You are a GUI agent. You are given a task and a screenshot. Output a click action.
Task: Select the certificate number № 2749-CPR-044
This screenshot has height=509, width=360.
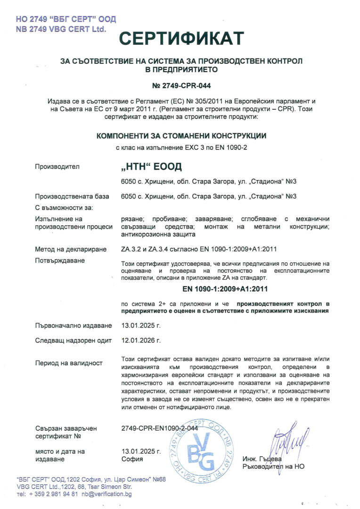click(x=181, y=86)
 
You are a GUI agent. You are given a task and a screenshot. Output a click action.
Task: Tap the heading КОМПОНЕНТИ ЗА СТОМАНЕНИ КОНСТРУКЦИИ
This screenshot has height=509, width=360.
click(x=181, y=136)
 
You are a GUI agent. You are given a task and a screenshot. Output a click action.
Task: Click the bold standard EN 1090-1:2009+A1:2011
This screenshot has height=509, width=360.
click(x=225, y=288)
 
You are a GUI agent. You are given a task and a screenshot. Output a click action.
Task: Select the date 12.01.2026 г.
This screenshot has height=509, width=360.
click(x=141, y=340)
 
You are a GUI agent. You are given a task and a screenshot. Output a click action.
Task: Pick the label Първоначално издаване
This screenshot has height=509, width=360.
click(x=74, y=326)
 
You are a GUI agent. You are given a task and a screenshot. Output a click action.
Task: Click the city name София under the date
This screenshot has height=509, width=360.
click(x=132, y=459)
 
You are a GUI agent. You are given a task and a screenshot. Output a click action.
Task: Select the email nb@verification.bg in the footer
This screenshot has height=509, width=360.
click(x=106, y=494)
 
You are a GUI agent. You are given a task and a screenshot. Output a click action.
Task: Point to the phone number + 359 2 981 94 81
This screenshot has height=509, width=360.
click(x=54, y=494)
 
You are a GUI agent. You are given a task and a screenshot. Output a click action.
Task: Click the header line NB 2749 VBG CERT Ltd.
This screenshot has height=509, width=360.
click(x=61, y=29)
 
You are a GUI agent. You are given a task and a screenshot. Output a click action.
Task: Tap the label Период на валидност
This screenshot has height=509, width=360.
click(x=69, y=363)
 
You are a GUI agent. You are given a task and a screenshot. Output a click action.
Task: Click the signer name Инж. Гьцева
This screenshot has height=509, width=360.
click(x=262, y=459)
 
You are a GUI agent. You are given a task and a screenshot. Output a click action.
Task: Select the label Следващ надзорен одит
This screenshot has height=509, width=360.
click(x=73, y=340)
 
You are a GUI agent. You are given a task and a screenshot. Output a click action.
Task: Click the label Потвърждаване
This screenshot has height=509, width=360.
click(x=60, y=261)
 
